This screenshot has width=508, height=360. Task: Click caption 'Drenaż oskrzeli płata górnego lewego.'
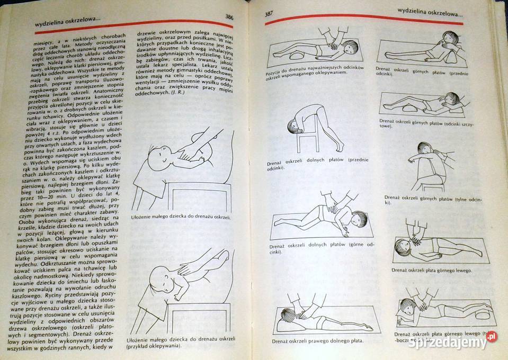[432, 270]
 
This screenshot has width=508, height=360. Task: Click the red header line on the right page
[366, 19]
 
